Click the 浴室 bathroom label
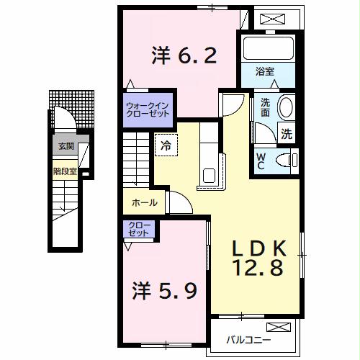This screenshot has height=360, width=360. tap(266, 72)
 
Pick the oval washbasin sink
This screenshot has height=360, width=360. tap(286, 107)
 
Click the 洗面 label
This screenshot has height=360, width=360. tap(266, 107)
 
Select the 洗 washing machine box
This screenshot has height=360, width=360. tap(287, 133)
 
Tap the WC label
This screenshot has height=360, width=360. tap(261, 159)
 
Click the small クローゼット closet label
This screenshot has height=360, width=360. tap(138, 229)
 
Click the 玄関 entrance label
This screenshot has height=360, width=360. tap(66, 145)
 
